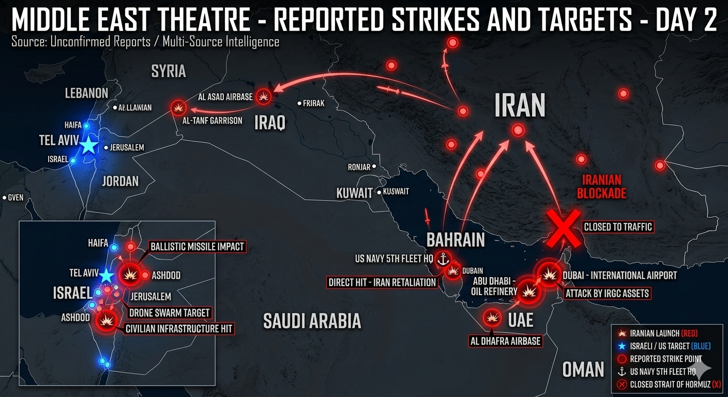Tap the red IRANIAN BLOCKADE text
604,187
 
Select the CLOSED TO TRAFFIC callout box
617,226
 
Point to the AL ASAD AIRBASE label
225,97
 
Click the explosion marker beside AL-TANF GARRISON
178,108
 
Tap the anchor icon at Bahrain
442,259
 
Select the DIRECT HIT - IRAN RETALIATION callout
383,283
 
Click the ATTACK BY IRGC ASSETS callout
607,294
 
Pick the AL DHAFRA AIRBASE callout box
505,341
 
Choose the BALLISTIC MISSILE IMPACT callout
196,247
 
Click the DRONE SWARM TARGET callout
169,312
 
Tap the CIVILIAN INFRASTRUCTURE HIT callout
179,328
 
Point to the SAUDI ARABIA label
312,321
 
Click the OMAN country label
583,369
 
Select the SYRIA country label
168,71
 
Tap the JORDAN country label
120,181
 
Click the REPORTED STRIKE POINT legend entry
663,359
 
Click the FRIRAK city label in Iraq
313,103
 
